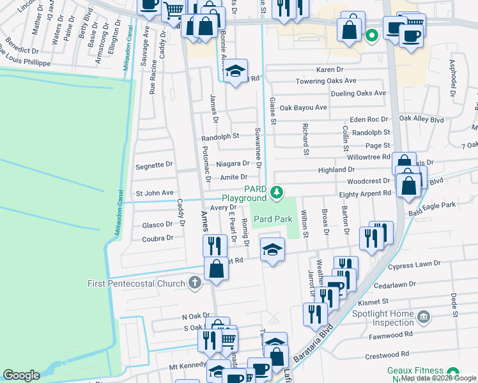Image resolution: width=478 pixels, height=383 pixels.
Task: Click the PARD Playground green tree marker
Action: click(x=276, y=191)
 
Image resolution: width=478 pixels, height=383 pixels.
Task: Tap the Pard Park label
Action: click(x=273, y=219)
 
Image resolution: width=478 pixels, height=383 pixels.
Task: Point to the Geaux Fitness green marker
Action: click(x=454, y=372)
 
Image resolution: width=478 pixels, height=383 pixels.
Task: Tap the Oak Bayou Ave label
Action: click(x=303, y=107)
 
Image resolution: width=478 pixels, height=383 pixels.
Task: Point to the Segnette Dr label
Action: click(x=154, y=164)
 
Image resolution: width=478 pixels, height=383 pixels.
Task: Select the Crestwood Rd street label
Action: click(x=388, y=354)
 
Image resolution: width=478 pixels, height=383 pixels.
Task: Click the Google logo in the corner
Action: click(x=21, y=375)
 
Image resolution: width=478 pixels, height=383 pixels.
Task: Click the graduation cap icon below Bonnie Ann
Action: click(x=236, y=71)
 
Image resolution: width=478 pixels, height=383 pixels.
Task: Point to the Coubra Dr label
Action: click(x=157, y=238)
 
